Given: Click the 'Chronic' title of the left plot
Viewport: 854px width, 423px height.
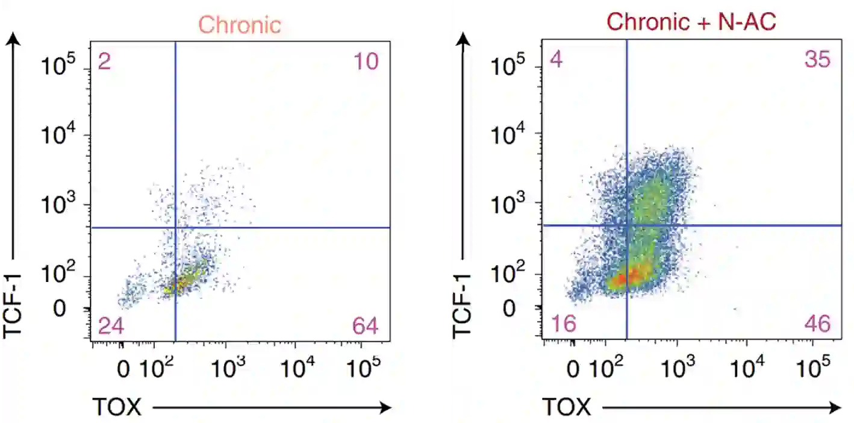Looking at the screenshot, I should point(240,25).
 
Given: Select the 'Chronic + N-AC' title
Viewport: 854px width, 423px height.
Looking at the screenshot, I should point(691,22).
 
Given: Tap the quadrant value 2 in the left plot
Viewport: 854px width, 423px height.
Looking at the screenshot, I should point(104,62).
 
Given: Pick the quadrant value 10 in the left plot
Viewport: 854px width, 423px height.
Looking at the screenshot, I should point(366,62).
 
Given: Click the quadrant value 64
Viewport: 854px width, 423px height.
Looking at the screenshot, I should point(366,326).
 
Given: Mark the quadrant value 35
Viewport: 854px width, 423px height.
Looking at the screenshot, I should point(817,60).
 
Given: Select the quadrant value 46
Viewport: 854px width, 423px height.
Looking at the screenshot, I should point(817,324).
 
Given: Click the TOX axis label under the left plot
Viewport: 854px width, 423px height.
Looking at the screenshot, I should point(116,407).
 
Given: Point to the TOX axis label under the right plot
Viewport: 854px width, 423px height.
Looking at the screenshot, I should point(567,407).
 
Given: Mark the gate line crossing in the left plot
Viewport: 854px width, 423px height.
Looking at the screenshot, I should point(175,228).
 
